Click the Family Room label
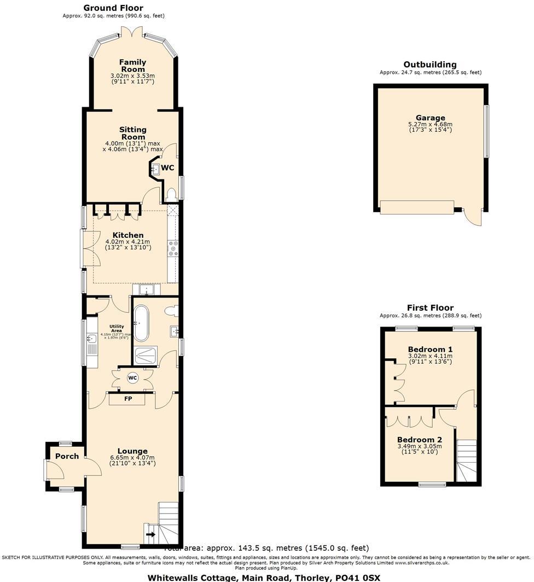click(132, 66)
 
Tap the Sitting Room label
click(133, 133)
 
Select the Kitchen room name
click(128, 235)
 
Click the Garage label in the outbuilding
click(430, 118)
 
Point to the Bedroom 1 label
click(430, 349)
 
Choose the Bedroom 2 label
click(419, 439)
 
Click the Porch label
click(67, 456)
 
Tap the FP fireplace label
click(128, 399)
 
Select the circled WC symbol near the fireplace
click(132, 377)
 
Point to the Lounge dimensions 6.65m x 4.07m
click(132, 458)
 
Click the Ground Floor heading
click(113, 8)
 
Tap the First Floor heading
click(430, 308)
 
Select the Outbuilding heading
click(430, 65)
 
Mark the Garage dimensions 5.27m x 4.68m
click(430, 124)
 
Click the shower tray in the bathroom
click(146, 356)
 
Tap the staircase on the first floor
click(467, 459)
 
